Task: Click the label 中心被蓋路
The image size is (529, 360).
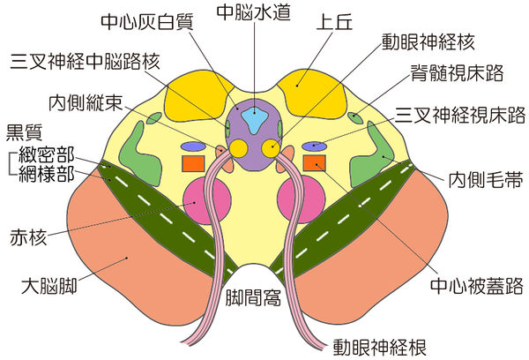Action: click(x=474, y=287)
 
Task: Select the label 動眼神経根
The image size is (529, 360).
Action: click(x=375, y=344)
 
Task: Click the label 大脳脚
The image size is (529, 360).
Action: click(x=52, y=287)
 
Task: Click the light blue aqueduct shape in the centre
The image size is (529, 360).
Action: click(x=254, y=118)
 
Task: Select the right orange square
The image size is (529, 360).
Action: click(x=315, y=162)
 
